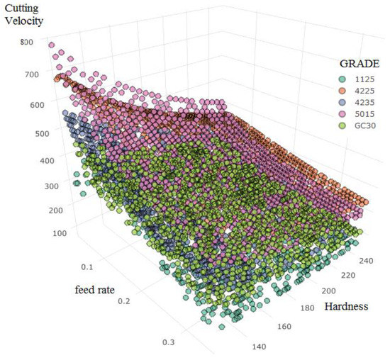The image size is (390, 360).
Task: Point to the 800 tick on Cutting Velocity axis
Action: pyautogui.click(x=27, y=42)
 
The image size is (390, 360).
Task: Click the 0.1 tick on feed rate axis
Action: pyautogui.click(x=86, y=267)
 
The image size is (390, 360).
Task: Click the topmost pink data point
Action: pyautogui.click(x=51, y=45)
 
